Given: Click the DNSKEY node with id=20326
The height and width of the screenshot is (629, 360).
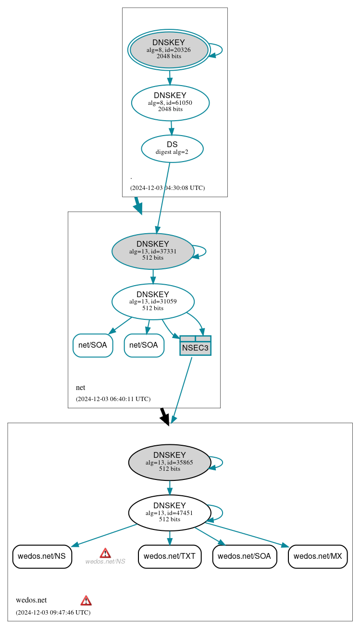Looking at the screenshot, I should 169,50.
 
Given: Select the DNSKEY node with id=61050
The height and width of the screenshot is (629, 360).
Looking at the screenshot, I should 170,102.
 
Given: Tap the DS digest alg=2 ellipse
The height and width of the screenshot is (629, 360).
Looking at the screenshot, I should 172,149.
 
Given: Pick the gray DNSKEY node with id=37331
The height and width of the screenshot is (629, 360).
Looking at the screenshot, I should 153,251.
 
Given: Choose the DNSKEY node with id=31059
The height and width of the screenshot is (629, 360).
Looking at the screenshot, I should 153,302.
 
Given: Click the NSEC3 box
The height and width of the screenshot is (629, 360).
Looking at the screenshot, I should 195,346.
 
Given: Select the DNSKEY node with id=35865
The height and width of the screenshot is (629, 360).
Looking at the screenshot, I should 169,462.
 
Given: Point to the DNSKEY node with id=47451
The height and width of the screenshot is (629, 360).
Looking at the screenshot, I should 169,513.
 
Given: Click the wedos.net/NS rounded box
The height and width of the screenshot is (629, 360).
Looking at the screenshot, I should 42,556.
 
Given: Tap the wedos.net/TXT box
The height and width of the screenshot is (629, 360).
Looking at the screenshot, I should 169,556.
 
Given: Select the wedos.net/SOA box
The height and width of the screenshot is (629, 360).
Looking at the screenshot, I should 244,556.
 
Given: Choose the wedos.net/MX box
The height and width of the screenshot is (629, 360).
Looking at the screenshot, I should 317,556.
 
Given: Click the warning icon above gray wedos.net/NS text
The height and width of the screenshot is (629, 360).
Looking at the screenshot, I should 105,553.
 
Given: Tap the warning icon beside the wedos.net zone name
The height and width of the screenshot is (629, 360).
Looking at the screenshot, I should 86,600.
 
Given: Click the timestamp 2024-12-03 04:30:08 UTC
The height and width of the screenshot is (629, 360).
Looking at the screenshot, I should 167,188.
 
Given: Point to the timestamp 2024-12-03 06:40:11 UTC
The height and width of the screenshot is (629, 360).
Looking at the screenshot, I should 113,399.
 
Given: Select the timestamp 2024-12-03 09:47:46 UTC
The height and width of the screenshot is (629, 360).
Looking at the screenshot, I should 53,612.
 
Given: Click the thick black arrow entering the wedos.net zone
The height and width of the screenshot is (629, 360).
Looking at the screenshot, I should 164,416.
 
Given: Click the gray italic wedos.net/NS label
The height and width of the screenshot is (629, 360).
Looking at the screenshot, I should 105,561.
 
